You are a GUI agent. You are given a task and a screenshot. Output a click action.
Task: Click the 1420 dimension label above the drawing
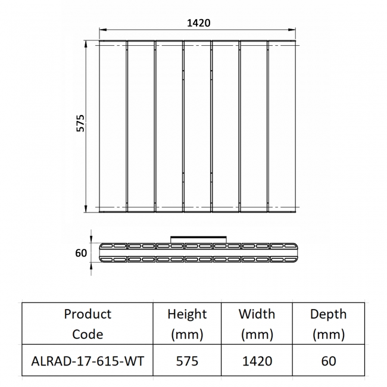[199, 23]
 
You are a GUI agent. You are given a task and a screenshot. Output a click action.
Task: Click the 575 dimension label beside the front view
[80, 123]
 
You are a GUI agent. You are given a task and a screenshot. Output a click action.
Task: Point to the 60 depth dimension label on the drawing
[81, 253]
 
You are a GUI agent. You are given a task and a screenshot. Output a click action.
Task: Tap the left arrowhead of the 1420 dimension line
[103, 30]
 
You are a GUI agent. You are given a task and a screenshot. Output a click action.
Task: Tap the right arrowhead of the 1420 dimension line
[292, 30]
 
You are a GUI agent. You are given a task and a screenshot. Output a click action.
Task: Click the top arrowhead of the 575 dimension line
[86, 44]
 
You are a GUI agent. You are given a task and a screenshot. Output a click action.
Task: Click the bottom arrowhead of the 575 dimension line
[86, 208]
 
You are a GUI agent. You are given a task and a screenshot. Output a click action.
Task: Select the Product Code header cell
[88, 323]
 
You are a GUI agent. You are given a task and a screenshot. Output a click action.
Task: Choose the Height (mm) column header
[187, 323]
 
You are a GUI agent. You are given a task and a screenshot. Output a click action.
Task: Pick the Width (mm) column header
[257, 323]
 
